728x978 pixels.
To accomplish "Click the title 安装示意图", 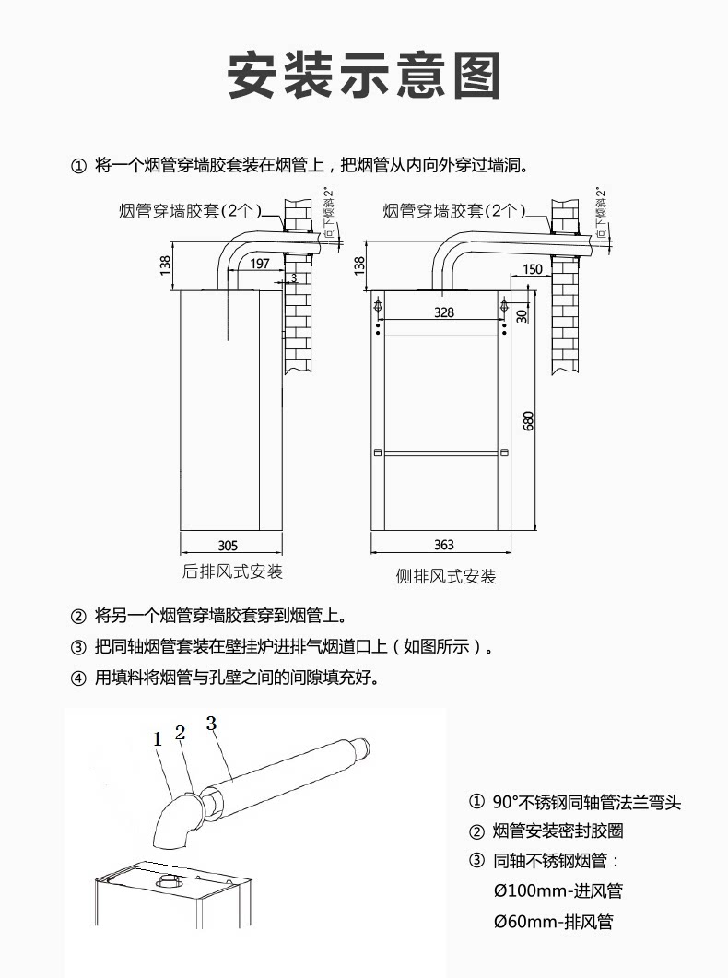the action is [364, 76].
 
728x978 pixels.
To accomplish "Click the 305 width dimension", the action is [228, 545].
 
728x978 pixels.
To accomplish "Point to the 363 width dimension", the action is [443, 546].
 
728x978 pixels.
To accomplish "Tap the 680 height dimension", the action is [528, 420].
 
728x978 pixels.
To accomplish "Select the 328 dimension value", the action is [443, 312].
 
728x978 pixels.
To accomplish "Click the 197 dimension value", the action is [260, 264].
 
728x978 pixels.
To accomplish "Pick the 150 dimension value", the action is [532, 269].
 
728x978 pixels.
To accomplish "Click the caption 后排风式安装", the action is [232, 572].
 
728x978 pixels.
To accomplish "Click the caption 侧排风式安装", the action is [446, 577].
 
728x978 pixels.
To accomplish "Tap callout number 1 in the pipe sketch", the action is [158, 738].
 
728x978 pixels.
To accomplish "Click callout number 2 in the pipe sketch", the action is [181, 733].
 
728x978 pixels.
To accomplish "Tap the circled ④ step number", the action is [78, 678].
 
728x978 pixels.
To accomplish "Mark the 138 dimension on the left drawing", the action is [165, 265].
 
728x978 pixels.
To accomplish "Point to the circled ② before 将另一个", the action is [78, 616].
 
